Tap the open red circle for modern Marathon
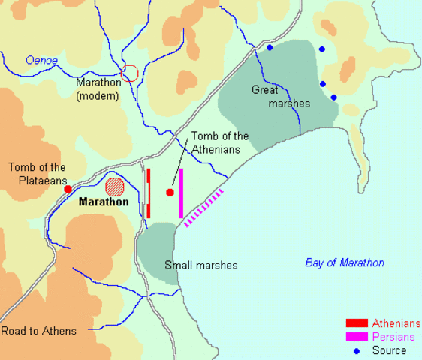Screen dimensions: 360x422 point(129,73)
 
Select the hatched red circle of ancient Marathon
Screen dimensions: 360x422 point(114,186)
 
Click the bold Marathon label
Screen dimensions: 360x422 point(104,202)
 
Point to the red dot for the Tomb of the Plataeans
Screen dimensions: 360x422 point(68,189)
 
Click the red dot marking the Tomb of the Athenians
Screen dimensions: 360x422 point(170,193)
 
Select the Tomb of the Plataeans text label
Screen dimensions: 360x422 point(37,174)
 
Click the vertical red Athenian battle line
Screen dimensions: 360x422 point(149,193)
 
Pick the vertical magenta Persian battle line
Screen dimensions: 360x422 point(181,193)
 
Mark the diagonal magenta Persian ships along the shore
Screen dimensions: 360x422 point(203,208)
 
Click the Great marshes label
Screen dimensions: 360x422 point(280,97)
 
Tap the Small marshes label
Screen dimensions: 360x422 point(200,265)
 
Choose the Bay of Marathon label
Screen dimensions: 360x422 point(345,262)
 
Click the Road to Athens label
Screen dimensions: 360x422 point(38,331)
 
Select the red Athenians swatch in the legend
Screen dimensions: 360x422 point(356,323)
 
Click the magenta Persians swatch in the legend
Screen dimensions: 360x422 point(356,337)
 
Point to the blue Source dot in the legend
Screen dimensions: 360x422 point(356,350)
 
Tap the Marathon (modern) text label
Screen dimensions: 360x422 point(98,88)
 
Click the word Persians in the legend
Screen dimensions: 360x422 point(393,337)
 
